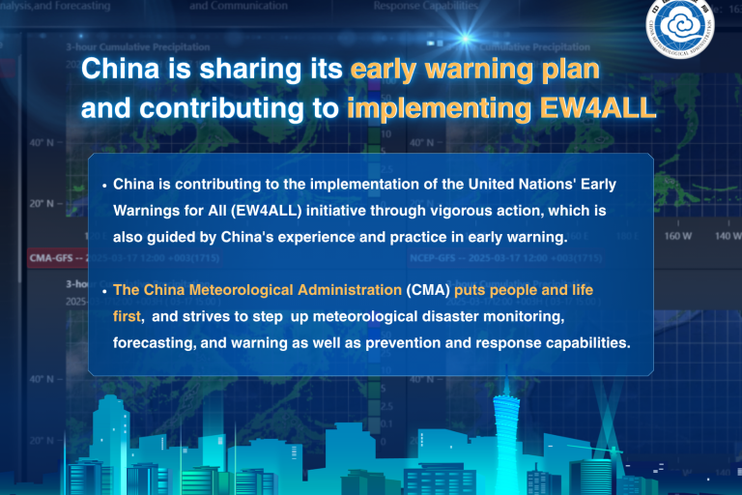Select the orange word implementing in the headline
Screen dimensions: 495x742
(x=436, y=106)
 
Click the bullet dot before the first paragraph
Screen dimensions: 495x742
(x=104, y=183)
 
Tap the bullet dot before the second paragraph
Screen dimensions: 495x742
(x=104, y=290)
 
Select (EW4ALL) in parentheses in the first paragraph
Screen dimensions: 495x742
(x=264, y=211)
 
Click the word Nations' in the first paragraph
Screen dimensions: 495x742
(x=525, y=183)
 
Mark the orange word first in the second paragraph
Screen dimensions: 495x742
(x=128, y=316)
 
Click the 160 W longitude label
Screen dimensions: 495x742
(x=678, y=235)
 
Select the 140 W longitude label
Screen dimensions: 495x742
(x=728, y=235)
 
